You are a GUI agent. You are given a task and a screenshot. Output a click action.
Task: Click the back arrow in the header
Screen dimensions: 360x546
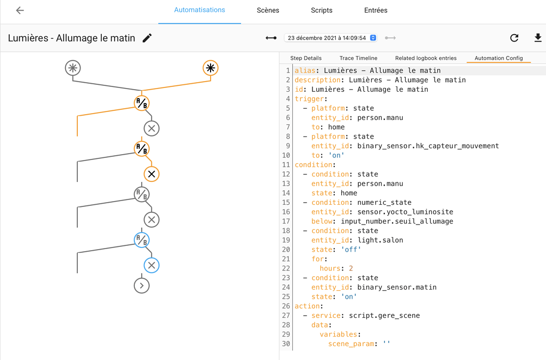[20, 11]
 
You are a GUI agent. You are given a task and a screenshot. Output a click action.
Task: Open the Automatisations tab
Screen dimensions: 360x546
[199, 10]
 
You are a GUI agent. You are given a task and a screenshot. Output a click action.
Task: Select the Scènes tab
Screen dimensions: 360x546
[268, 11]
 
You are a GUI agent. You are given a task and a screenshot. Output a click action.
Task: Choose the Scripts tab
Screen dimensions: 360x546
[322, 11]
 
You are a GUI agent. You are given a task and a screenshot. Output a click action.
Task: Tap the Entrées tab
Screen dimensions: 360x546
[376, 11]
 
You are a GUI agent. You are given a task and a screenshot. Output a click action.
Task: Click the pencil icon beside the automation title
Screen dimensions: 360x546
[147, 38]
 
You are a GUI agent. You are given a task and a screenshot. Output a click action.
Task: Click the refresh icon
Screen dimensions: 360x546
[514, 38]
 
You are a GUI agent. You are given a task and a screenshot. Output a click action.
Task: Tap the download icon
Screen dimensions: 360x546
[537, 38]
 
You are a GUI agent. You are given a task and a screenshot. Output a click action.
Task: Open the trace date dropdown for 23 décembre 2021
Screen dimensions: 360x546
[331, 38]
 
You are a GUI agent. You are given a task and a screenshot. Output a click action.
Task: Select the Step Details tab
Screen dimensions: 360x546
[306, 58]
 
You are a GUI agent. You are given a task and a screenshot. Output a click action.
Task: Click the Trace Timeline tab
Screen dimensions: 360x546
[358, 58]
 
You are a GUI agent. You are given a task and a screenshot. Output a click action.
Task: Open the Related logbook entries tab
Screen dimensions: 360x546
[425, 58]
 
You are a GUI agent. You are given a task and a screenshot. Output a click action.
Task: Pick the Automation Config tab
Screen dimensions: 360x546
[499, 58]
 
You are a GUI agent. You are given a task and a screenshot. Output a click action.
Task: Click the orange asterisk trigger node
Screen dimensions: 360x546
[211, 68]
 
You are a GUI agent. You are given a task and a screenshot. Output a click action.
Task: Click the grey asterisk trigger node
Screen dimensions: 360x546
[73, 68]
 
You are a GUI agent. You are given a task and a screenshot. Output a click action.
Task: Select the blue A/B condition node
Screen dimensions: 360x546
[141, 240]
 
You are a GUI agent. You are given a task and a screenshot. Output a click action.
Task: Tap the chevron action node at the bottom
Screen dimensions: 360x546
[141, 286]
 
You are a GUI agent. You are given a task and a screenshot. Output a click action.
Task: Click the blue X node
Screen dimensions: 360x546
[151, 265]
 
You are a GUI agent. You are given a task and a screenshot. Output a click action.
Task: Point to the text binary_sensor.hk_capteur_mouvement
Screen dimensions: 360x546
[428, 146]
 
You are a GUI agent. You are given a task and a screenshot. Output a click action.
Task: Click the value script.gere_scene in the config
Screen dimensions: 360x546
[384, 316]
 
